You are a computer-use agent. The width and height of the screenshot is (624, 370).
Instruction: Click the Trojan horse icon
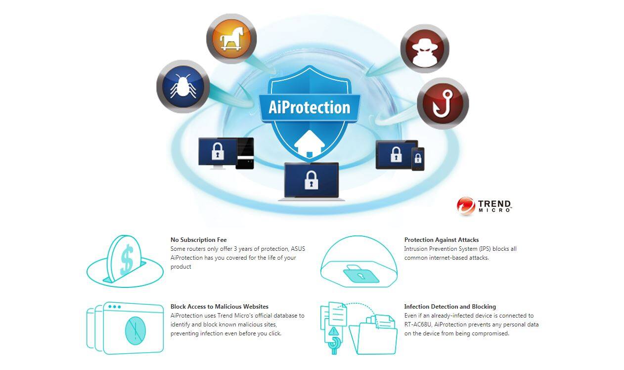tap(231, 39)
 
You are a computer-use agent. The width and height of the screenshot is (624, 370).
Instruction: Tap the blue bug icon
tap(183, 87)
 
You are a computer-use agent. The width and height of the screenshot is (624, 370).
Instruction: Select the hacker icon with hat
tap(424, 48)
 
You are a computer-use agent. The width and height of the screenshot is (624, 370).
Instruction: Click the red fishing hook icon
tap(442, 103)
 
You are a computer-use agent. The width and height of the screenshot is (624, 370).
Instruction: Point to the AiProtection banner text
tap(310, 107)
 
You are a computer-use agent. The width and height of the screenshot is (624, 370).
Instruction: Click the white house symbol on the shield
tap(310, 143)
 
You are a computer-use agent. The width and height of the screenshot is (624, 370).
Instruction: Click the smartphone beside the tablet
tap(418, 159)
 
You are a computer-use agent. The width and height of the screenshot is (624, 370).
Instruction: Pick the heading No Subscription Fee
tap(199, 240)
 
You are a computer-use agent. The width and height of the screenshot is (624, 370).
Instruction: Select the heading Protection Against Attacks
tap(442, 240)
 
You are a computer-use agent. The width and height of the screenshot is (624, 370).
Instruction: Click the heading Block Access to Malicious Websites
tap(220, 307)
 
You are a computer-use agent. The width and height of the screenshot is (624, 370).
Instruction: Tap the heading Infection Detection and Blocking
tap(450, 307)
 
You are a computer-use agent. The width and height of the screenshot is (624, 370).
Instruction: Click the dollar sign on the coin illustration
tap(127, 259)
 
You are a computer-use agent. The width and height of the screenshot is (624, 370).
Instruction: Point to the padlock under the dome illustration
tap(360, 274)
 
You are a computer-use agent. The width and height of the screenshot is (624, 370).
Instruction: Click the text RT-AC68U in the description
tap(418, 324)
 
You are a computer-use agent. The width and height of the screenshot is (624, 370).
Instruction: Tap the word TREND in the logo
tap(494, 204)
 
